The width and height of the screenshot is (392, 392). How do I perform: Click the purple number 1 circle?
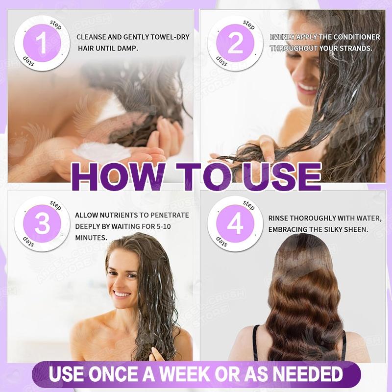click(x=42, y=43)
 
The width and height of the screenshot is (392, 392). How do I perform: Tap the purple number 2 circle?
click(x=235, y=43)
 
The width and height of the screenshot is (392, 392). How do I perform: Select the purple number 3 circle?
click(x=42, y=223)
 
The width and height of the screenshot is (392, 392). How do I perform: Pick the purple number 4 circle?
click(x=235, y=223)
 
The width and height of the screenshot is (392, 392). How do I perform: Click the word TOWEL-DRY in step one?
click(x=170, y=37)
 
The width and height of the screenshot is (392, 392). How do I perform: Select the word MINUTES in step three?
click(x=91, y=238)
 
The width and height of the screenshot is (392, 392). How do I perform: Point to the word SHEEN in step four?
click(x=354, y=229)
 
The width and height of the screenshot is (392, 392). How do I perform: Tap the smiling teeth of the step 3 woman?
click(x=121, y=294)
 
